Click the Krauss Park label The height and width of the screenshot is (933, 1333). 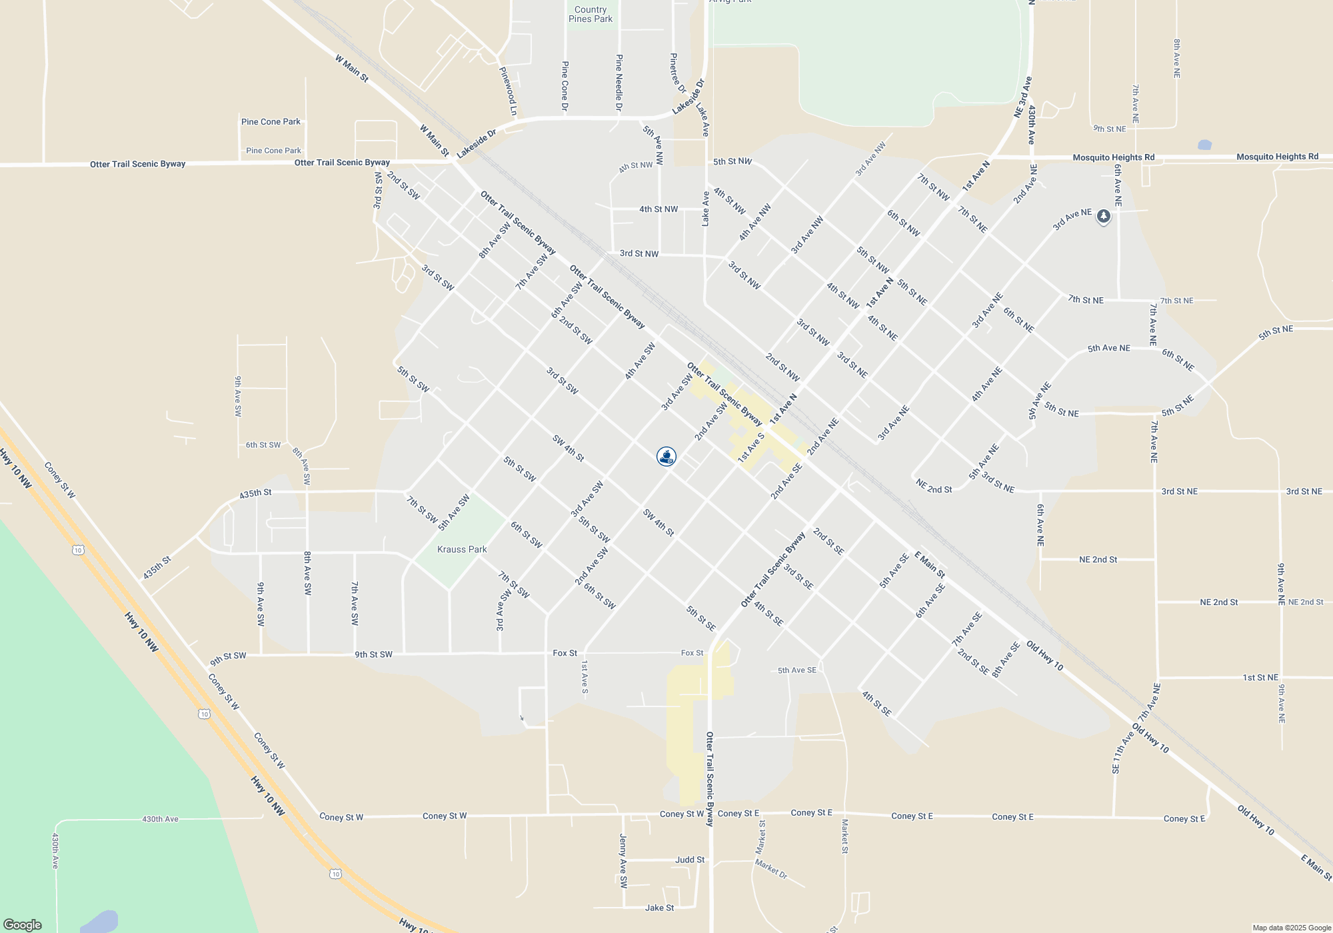462,550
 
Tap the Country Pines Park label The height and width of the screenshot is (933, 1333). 591,15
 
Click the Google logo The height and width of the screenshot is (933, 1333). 23,925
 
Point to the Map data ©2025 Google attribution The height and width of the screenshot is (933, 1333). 1292,928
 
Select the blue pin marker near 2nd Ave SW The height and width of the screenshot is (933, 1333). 666,457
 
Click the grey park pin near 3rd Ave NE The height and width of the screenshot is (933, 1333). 1104,217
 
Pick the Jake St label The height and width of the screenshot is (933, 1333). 659,908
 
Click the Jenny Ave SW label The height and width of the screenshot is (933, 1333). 623,861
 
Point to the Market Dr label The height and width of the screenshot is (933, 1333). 771,869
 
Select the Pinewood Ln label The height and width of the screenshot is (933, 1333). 509,91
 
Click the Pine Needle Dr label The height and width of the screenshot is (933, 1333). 619,83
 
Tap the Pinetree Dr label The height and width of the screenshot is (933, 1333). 677,73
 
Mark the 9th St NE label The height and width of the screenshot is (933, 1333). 1109,129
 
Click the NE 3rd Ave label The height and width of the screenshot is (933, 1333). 1022,97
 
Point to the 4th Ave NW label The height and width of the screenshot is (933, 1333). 754,222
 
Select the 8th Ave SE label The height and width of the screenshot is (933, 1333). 1006,660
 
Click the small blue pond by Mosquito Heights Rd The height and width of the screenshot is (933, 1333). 1204,145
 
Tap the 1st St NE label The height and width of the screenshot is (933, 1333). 1260,678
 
